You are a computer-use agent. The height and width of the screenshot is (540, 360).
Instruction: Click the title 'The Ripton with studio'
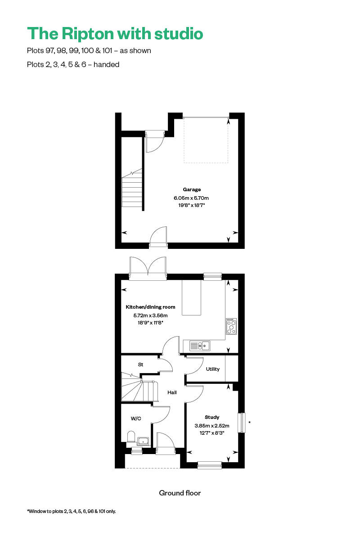[115, 33]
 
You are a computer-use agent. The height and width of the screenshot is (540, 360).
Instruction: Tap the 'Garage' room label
[192, 189]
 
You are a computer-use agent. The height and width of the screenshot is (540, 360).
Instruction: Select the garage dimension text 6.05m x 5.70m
[191, 198]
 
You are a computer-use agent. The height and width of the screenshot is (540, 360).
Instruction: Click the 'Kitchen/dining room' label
[150, 307]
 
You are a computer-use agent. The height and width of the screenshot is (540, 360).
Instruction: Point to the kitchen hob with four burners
[231, 326]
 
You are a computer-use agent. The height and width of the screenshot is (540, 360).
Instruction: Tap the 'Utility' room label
[213, 369]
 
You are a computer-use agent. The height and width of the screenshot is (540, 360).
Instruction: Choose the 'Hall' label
[172, 392]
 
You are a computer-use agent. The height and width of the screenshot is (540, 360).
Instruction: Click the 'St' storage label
[140, 364]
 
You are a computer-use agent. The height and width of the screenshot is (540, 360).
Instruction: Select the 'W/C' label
[136, 418]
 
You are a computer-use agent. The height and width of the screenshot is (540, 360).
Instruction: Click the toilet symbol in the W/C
[131, 437]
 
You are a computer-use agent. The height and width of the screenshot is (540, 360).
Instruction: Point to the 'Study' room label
[212, 417]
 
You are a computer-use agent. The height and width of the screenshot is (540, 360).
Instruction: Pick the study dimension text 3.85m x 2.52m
[212, 426]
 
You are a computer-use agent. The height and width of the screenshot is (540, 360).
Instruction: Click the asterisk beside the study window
[249, 423]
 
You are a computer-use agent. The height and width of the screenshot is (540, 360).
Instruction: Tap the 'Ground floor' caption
[180, 493]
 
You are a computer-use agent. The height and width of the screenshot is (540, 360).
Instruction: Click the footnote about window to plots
[72, 511]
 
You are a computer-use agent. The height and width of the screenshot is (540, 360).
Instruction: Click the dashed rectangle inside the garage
[206, 140]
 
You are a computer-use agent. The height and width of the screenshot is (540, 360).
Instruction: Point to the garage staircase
[132, 189]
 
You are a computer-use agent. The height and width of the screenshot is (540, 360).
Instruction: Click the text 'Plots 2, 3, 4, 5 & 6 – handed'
[73, 64]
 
